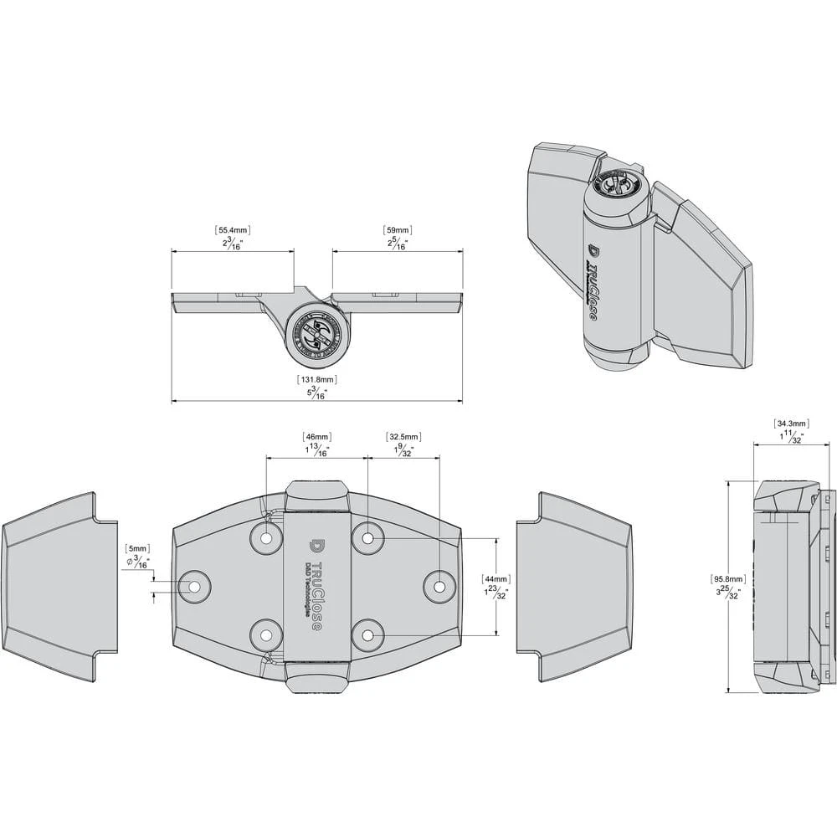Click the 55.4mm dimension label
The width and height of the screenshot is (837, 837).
tap(233, 229)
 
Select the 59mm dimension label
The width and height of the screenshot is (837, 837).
tap(397, 229)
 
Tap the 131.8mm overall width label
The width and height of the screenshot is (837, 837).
tap(316, 379)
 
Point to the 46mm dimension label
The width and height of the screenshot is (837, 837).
tap(316, 437)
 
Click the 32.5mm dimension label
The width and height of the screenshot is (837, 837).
tap(403, 437)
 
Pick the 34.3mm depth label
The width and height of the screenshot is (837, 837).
tap(791, 424)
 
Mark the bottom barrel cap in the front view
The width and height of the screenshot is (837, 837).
tap(316, 674)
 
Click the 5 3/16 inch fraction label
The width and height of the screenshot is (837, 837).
tap(316, 393)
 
